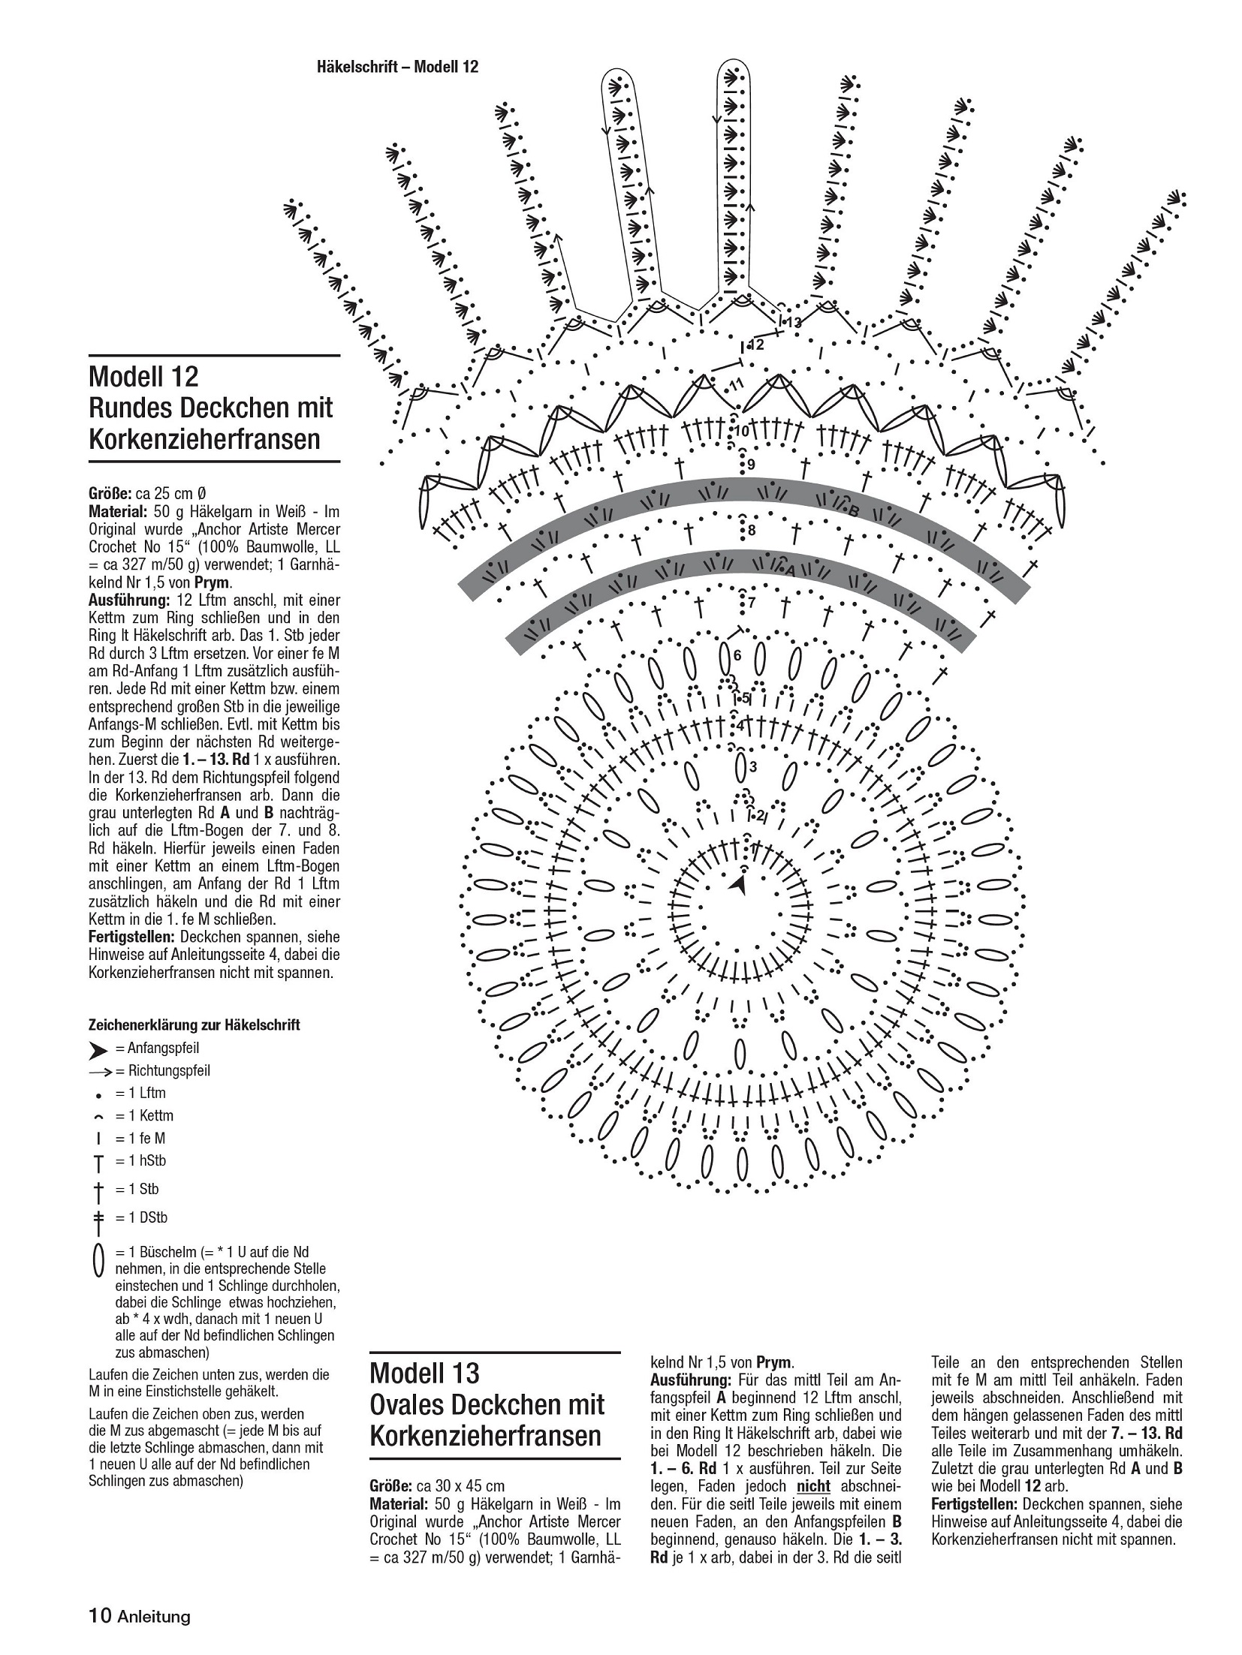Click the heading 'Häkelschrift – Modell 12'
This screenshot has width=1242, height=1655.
(x=397, y=67)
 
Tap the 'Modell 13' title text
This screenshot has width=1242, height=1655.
(x=424, y=1374)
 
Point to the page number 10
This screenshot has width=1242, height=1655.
(x=100, y=1616)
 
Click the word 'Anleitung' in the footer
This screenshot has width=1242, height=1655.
(x=154, y=1617)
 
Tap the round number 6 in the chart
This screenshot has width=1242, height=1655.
(x=737, y=655)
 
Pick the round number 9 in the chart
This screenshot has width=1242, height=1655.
(x=750, y=465)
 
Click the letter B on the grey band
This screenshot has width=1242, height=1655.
(x=853, y=511)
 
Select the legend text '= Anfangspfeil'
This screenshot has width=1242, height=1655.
(x=157, y=1048)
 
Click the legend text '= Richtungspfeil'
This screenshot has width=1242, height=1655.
(x=162, y=1070)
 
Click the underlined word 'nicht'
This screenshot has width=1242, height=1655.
(x=813, y=1486)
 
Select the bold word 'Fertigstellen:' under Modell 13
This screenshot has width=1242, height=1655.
(x=974, y=1503)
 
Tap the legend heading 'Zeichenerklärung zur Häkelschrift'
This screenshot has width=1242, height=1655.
(x=194, y=1025)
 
